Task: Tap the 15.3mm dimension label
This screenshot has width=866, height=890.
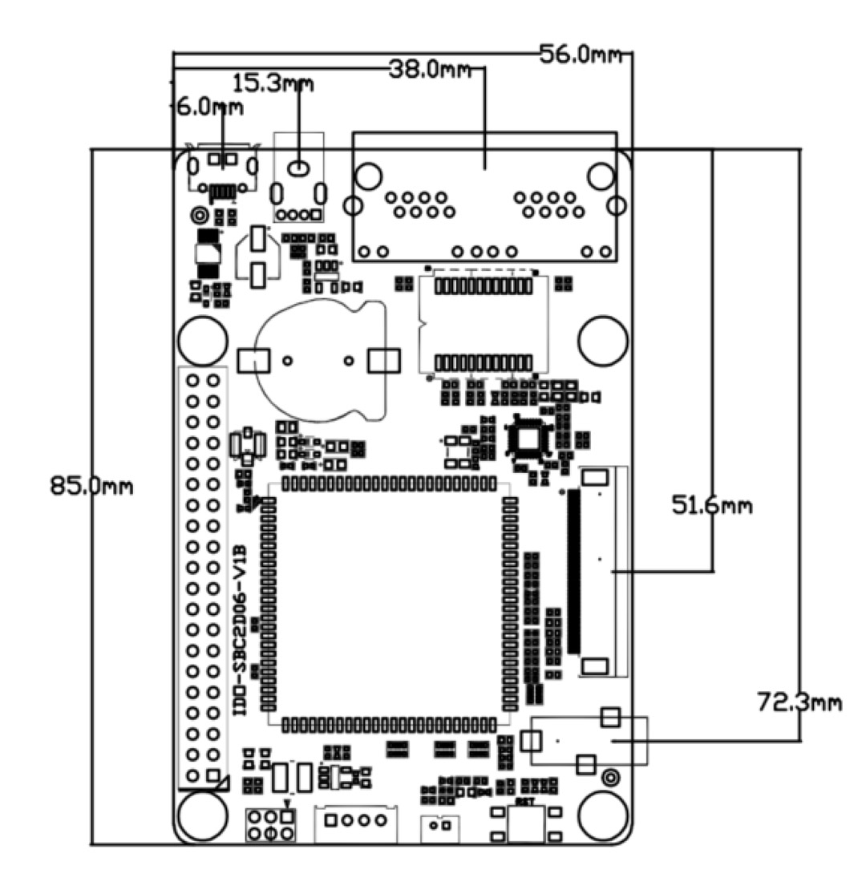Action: (272, 83)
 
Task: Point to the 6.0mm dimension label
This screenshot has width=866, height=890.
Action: (209, 107)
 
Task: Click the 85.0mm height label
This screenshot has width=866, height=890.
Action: (91, 486)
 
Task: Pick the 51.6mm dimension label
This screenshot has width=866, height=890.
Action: (712, 506)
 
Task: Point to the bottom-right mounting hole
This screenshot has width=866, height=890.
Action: (602, 815)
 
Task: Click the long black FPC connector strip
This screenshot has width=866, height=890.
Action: (573, 571)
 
